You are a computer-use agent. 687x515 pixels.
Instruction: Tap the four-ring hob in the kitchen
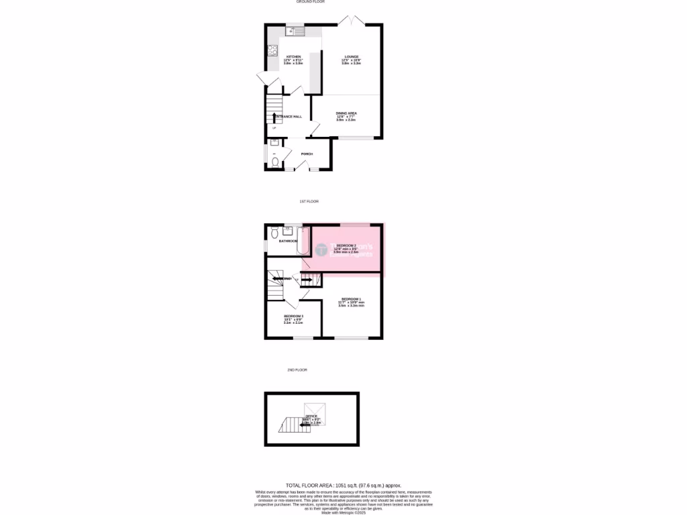pyautogui.click(x=273, y=49)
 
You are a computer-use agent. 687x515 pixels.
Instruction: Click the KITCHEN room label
pyautogui.click(x=294, y=56)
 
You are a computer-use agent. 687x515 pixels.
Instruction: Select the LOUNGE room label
pyautogui.click(x=352, y=56)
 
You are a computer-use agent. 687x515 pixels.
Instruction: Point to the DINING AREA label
pyautogui.click(x=346, y=113)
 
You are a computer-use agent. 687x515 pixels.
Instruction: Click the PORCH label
pyautogui.click(x=307, y=154)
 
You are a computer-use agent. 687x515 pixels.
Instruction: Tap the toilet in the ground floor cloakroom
pyautogui.click(x=275, y=161)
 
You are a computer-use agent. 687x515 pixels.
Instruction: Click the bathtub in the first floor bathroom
pyautogui.click(x=303, y=241)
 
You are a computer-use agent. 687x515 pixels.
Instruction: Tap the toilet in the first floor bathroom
pyautogui.click(x=274, y=233)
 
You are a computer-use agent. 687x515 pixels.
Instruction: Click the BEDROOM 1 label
pyautogui.click(x=351, y=298)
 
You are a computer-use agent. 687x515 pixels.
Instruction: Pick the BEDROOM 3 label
pyautogui.click(x=293, y=316)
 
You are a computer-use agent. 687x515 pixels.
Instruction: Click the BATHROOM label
pyautogui.click(x=288, y=241)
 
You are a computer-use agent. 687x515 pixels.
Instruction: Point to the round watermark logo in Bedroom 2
pyautogui.click(x=321, y=250)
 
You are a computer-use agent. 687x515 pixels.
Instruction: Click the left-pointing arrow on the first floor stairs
pyautogui.click(x=277, y=278)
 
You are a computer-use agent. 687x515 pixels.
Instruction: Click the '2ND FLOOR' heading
pyautogui.click(x=297, y=369)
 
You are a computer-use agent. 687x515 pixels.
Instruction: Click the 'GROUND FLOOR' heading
pyautogui.click(x=311, y=2)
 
